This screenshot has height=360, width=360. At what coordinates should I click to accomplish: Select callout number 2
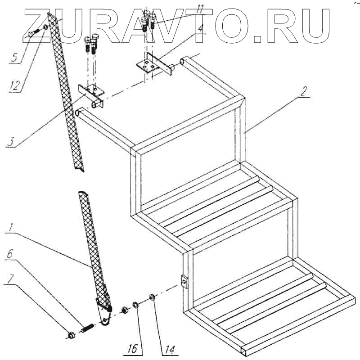tap(305, 93)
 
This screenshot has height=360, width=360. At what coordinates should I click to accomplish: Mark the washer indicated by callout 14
tap(152, 297)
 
